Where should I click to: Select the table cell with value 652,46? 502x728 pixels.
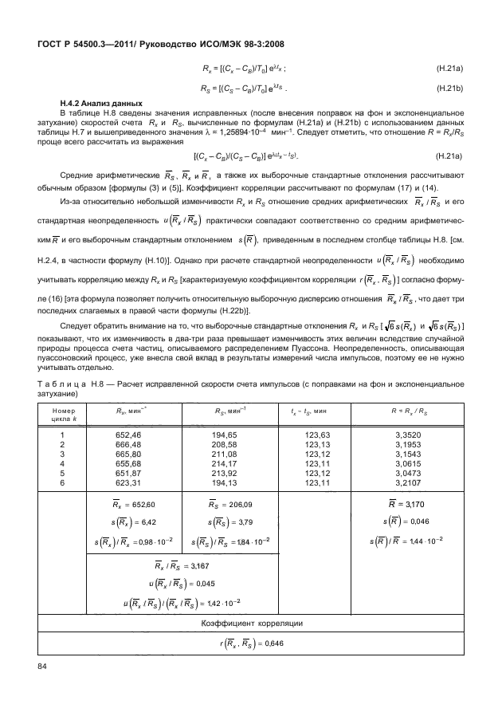point(128,435)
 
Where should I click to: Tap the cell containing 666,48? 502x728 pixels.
point(128,445)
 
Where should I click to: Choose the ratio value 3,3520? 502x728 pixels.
point(408,435)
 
